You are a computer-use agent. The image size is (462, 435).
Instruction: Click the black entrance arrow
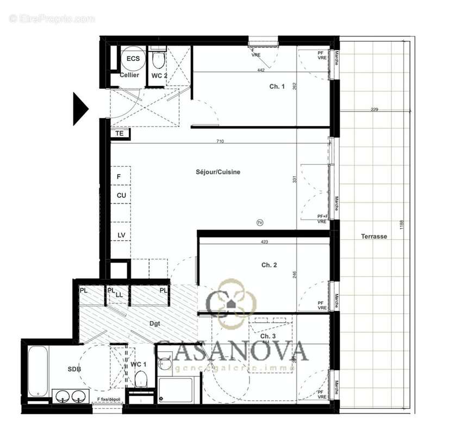[80, 106]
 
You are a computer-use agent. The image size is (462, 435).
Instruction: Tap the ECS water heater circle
[133, 59]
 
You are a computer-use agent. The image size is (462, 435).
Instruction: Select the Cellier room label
[129, 75]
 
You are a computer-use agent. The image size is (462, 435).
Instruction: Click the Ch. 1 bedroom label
[277, 86]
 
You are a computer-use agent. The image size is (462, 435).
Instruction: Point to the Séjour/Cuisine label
[218, 172]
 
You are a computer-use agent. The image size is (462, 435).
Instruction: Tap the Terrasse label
[373, 237]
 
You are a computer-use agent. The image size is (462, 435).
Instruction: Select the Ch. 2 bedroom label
[269, 265]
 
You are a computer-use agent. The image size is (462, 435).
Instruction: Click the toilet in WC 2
[158, 60]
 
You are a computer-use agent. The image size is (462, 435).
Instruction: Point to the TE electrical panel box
[120, 133]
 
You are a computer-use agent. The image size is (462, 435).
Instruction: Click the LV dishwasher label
[121, 235]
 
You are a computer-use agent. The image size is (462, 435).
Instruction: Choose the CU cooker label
[121, 195]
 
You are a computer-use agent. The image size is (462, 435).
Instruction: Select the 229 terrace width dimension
[374, 110]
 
